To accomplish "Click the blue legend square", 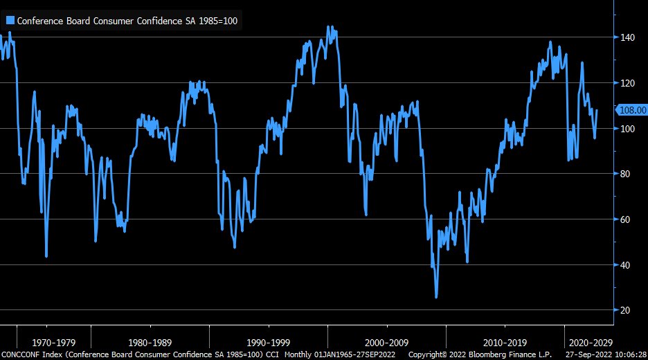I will (x=10, y=21).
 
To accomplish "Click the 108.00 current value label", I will (x=631, y=109).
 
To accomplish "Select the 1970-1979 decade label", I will (x=53, y=342).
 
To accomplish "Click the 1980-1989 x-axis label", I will (x=151, y=342).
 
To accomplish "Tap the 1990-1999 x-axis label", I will (x=269, y=342).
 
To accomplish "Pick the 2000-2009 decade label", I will (x=386, y=342).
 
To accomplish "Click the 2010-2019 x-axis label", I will (x=504, y=342).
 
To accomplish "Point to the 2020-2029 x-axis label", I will (x=589, y=342).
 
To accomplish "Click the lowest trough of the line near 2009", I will (x=436, y=297).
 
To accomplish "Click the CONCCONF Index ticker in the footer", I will (x=31, y=354).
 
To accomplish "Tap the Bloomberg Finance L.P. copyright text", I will (x=480, y=354).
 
